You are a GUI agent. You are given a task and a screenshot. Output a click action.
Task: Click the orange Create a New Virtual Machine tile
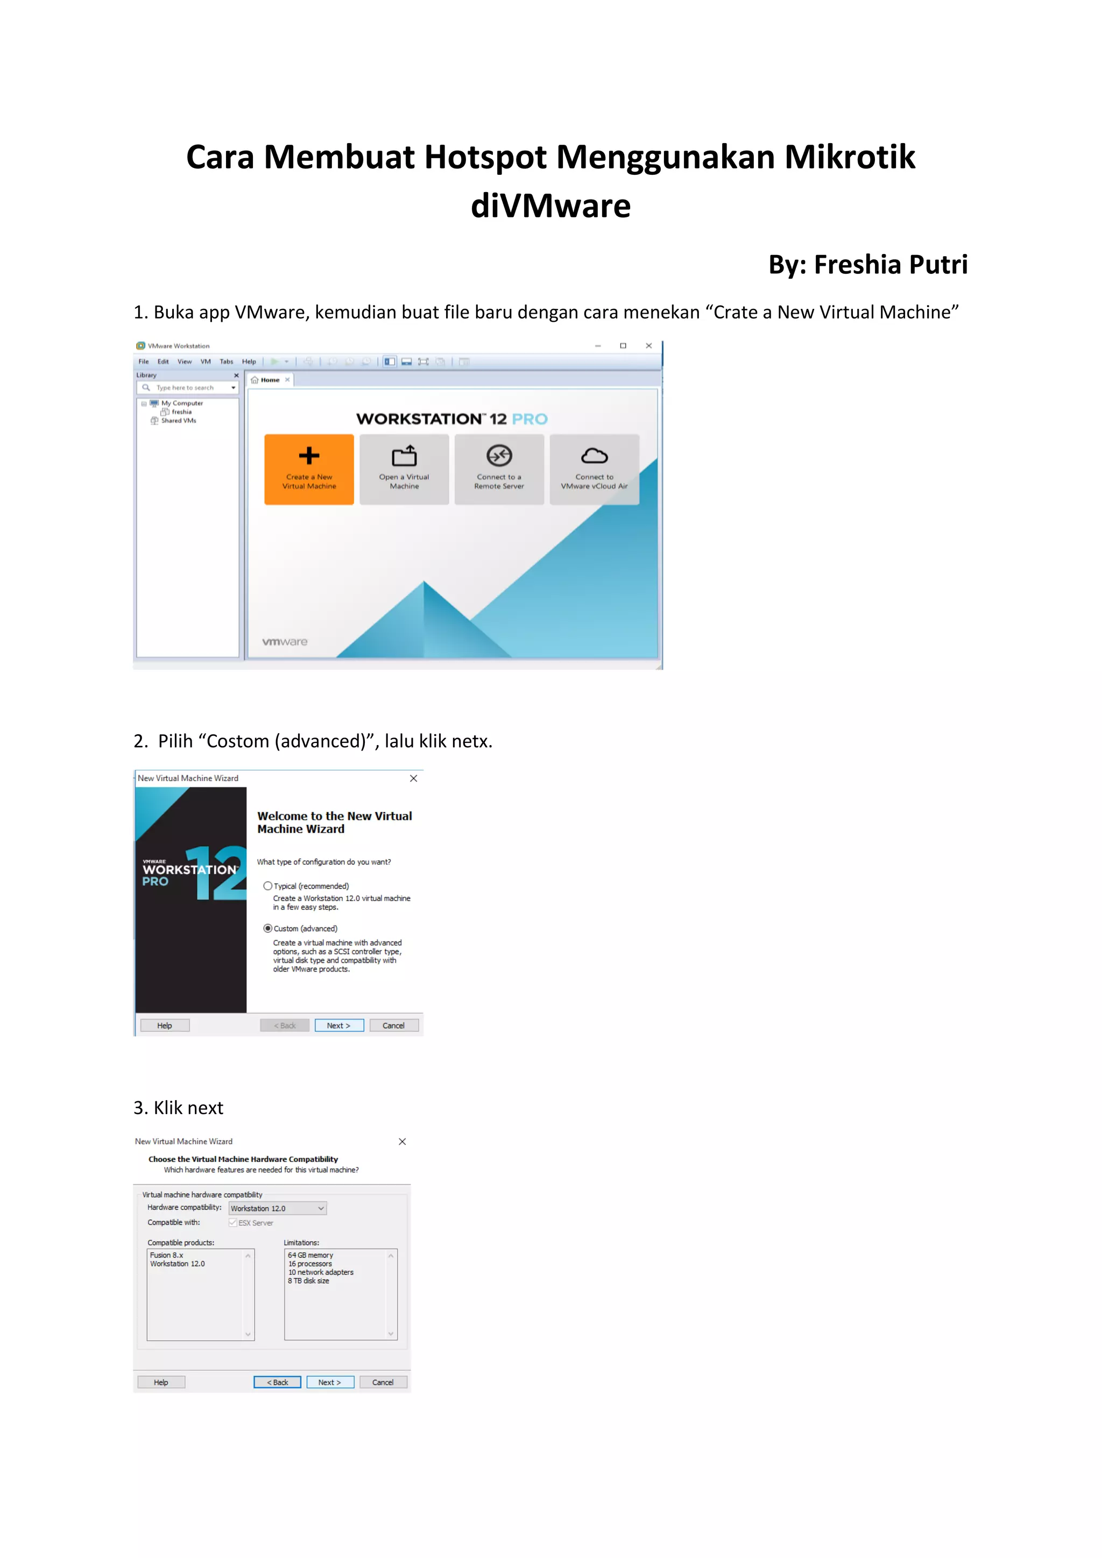pos(309,469)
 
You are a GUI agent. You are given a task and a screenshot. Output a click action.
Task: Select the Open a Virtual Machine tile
pos(404,469)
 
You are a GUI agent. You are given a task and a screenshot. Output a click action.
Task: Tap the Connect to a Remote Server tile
pos(499,469)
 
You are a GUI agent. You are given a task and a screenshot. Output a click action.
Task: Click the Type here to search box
pos(186,388)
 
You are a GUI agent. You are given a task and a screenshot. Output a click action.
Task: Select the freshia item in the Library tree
pos(181,412)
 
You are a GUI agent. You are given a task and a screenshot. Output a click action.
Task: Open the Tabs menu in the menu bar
pos(226,362)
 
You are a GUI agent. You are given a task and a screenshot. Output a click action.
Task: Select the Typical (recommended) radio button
pos(268,886)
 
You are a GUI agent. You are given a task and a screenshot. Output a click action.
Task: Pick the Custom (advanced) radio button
pos(268,928)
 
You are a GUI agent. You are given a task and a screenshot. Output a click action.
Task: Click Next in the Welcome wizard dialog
pos(338,1025)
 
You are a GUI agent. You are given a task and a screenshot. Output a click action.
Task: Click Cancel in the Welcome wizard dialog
pos(393,1025)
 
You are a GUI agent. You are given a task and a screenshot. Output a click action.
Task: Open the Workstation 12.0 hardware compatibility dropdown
pos(278,1208)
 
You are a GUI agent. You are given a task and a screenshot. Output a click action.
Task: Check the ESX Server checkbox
pos(233,1223)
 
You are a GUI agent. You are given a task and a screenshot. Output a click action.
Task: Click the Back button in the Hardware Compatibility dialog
pos(277,1382)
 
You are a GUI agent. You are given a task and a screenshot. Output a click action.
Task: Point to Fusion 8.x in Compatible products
pos(167,1255)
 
